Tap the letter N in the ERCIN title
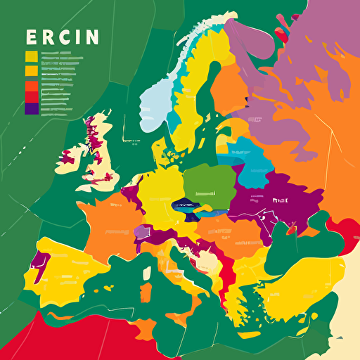[91, 37]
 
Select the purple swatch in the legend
[31, 108]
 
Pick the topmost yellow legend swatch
[31, 57]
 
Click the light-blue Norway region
[155, 105]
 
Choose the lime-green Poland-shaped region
[210, 184]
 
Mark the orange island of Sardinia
[146, 292]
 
